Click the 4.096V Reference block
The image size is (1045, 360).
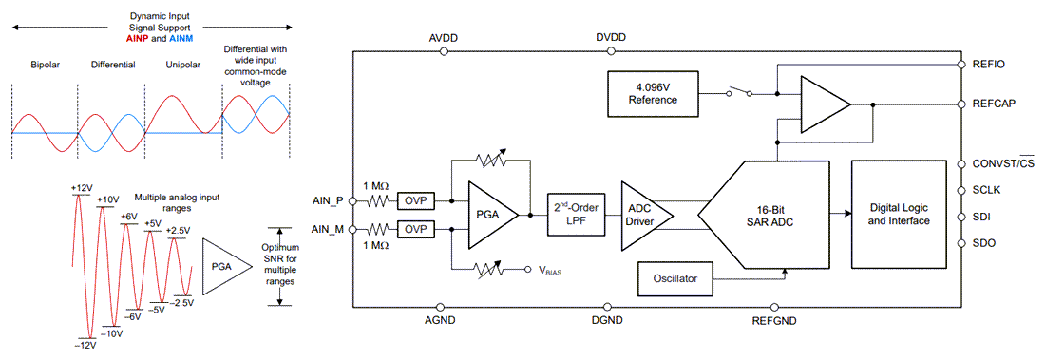[652, 93]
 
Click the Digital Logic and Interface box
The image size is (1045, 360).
[903, 214]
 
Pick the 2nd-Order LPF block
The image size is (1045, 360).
[574, 215]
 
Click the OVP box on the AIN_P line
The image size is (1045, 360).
[414, 200]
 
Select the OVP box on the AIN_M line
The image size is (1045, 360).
[414, 229]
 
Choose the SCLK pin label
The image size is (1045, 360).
[991, 190]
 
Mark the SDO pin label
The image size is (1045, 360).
[987, 244]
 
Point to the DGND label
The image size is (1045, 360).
[605, 321]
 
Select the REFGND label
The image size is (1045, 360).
[775, 321]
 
